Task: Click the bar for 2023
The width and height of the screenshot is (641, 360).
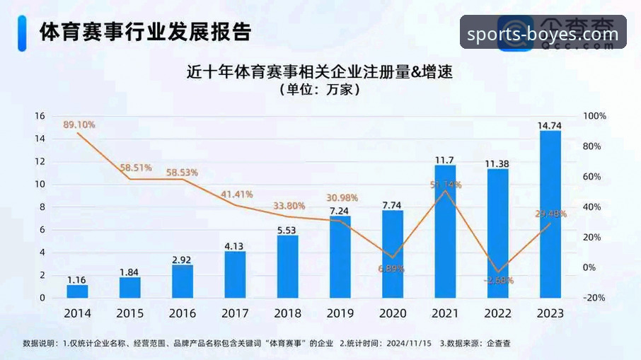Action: point(550,214)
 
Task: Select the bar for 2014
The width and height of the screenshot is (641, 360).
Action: point(77,291)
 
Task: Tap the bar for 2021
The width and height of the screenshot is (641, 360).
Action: point(445,231)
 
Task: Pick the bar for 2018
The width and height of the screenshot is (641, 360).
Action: point(287,266)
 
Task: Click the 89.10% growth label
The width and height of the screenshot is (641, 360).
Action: point(79,124)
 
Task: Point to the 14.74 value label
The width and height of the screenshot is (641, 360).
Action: point(550,125)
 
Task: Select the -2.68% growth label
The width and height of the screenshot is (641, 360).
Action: point(498,281)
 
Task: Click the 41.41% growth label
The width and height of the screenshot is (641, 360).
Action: point(236,194)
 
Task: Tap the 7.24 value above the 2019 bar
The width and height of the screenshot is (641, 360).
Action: point(340,211)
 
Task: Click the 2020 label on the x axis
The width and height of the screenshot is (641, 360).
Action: point(393,313)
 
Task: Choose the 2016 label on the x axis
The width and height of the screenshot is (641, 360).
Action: point(183,313)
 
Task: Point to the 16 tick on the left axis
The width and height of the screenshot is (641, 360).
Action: point(40,116)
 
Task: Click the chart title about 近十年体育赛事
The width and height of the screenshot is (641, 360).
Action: point(319,72)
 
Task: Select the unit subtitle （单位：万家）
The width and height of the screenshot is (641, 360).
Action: point(320,90)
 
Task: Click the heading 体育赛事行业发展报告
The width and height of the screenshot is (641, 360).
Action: point(145,32)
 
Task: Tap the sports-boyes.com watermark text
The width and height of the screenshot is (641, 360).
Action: point(543,34)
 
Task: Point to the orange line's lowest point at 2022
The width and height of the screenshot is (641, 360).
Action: point(498,272)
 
